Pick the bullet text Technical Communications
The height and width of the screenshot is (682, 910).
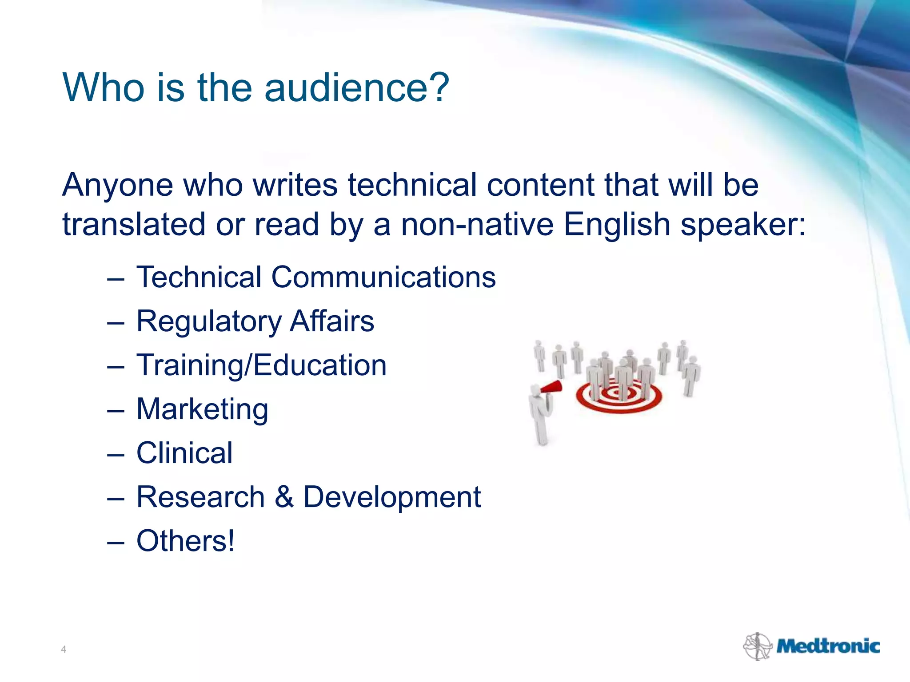[x=316, y=277]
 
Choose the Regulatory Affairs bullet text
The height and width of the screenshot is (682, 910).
[x=255, y=321]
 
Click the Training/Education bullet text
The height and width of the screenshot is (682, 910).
[x=261, y=365]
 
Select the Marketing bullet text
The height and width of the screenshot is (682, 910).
[x=202, y=409]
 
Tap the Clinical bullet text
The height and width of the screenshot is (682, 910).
[x=184, y=453]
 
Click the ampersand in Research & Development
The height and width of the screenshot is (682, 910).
[x=284, y=496]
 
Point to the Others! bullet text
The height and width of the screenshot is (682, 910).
[x=185, y=541]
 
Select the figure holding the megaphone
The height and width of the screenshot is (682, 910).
[x=540, y=413]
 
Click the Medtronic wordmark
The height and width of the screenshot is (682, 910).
[x=827, y=646]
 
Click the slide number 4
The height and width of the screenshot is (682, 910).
[x=64, y=650]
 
